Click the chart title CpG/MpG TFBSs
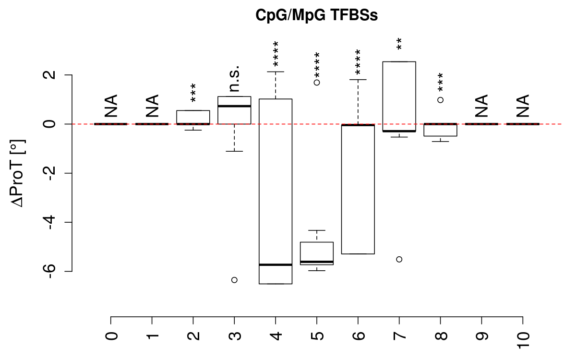[x=316, y=16]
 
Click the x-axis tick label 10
[x=523, y=338]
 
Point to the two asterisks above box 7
[x=399, y=44]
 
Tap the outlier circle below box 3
[x=234, y=280]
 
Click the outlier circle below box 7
[x=399, y=259]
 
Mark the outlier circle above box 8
[x=440, y=100]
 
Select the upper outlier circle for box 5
[x=317, y=83]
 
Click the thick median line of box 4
[x=276, y=264]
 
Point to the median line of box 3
[x=234, y=106]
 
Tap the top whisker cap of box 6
[x=358, y=80]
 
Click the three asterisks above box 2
[x=193, y=93]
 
